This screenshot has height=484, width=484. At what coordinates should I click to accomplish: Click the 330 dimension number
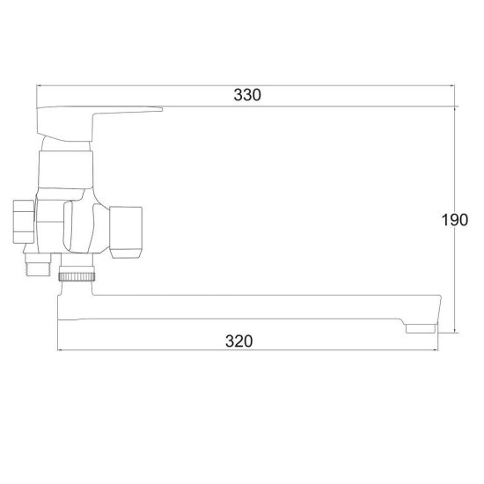tap(247, 95)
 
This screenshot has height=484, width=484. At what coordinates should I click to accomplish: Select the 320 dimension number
tap(238, 341)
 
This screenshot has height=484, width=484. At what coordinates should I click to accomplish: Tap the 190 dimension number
tap(455, 220)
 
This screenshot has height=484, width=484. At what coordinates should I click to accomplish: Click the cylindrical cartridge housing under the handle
tap(66, 170)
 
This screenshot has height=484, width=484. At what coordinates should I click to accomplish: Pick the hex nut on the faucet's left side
tap(24, 221)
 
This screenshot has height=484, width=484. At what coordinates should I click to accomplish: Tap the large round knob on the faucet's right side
tap(126, 229)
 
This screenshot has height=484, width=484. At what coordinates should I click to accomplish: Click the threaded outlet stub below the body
tap(38, 264)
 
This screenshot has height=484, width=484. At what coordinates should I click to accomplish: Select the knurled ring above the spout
tap(77, 276)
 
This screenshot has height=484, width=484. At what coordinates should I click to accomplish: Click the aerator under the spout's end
tap(421, 329)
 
